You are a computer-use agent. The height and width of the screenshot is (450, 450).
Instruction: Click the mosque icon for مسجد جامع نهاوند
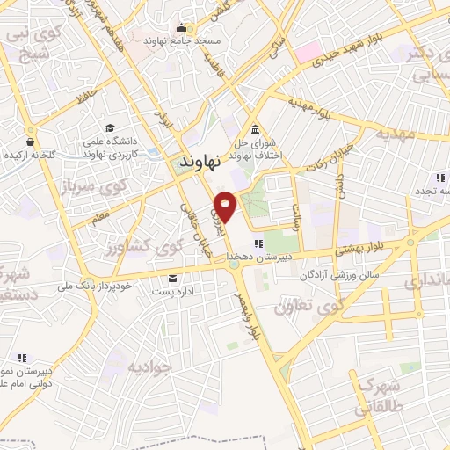[182, 27]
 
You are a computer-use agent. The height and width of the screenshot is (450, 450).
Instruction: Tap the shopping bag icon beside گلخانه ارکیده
[31, 141]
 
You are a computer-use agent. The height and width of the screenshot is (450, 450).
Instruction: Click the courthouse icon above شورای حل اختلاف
[254, 127]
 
